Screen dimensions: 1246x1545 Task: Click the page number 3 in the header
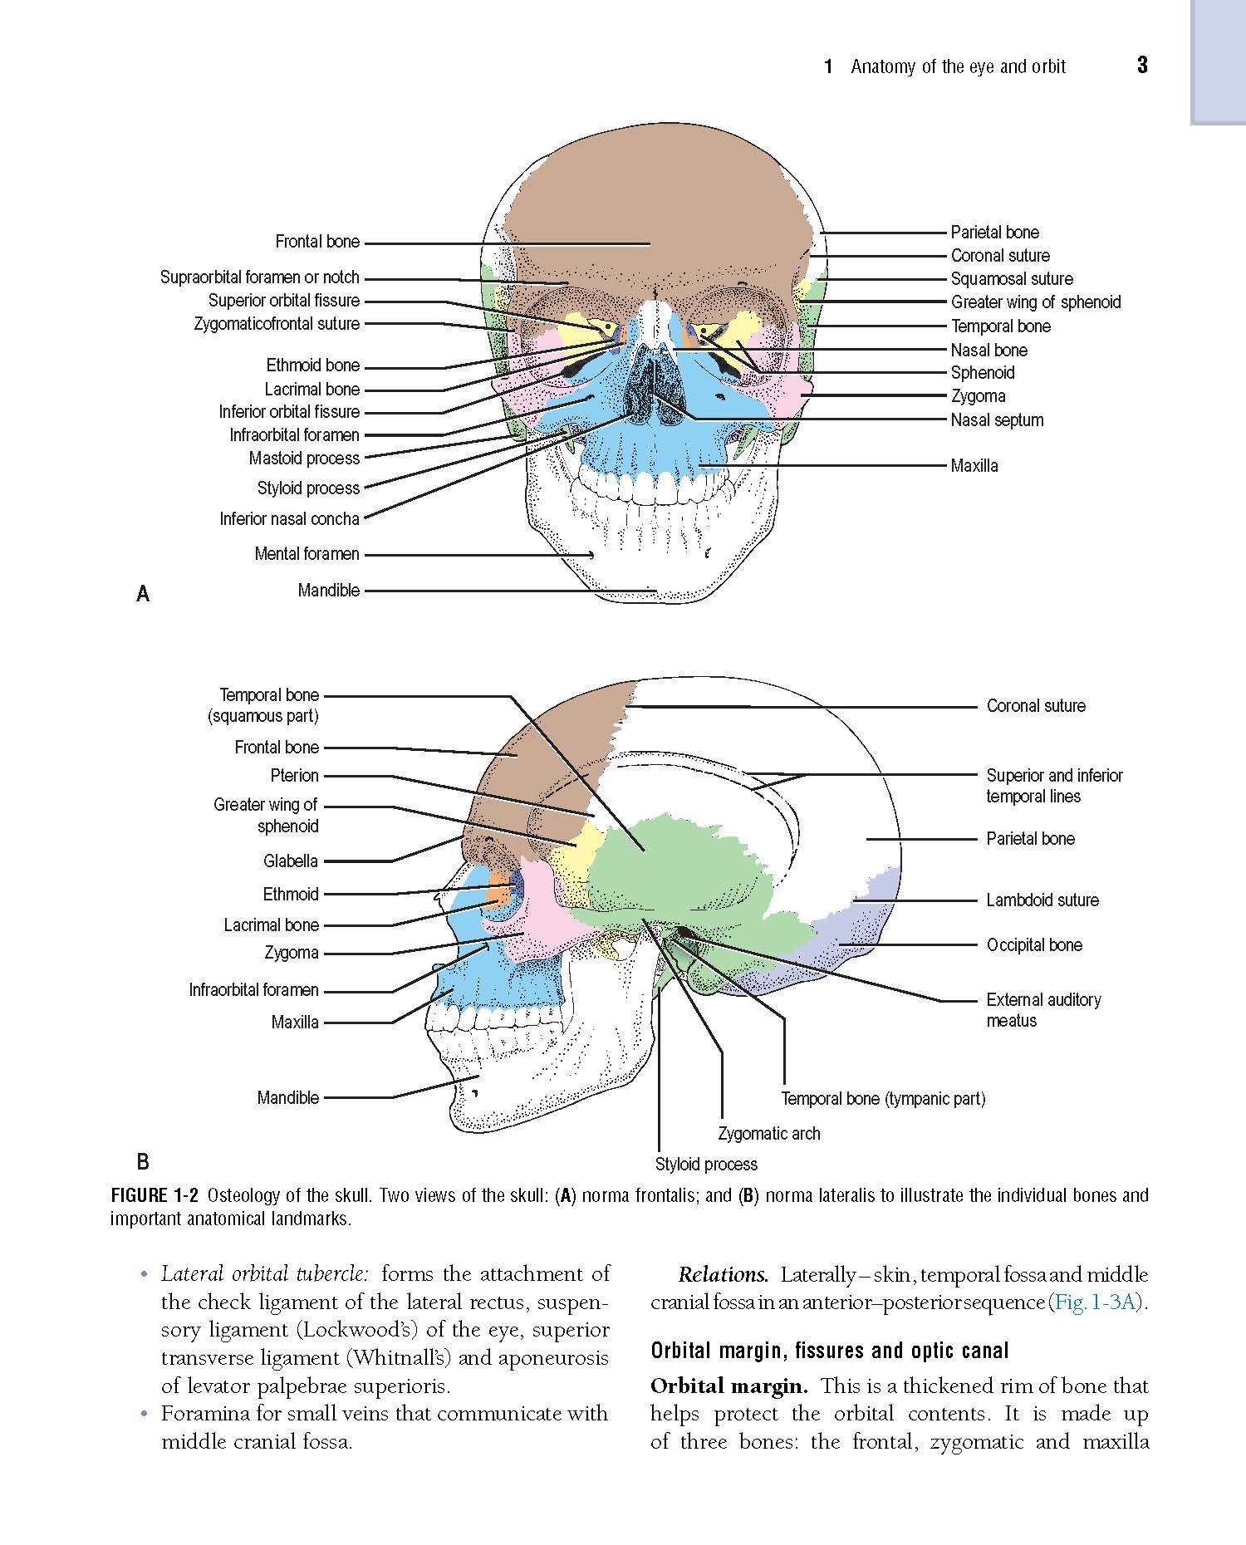click(x=1142, y=66)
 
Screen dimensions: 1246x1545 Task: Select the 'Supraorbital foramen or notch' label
click(x=260, y=277)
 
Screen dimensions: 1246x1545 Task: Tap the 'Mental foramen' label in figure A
click(x=307, y=554)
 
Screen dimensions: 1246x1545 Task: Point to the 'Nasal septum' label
click(x=997, y=420)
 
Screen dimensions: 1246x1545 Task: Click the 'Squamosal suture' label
click(x=1012, y=279)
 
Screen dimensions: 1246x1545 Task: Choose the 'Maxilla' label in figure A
click(x=974, y=466)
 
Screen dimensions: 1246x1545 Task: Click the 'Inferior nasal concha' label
click(x=290, y=519)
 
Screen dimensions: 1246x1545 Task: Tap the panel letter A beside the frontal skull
click(x=143, y=593)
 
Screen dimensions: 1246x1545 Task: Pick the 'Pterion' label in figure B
click(x=295, y=776)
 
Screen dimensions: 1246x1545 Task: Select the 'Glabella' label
click(x=291, y=861)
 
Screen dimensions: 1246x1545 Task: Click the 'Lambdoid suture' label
click(x=1042, y=900)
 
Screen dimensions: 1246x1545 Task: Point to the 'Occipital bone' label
click(x=1034, y=945)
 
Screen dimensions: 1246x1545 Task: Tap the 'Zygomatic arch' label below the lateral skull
click(x=769, y=1134)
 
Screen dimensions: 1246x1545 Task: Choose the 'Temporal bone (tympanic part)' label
click(x=883, y=1099)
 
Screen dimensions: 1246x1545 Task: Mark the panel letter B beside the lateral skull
click(x=143, y=1160)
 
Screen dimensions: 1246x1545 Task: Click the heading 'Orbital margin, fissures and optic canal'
click(x=830, y=1351)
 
